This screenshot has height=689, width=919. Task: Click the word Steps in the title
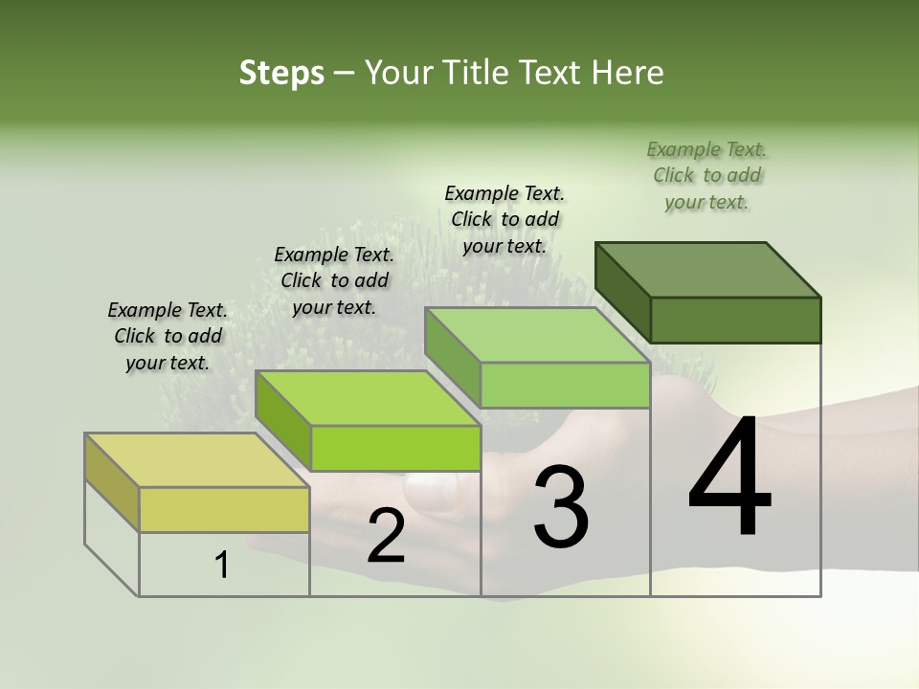click(x=281, y=73)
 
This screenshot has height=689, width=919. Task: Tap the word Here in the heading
click(x=626, y=73)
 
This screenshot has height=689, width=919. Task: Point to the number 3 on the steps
click(x=561, y=506)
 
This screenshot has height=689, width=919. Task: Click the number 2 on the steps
click(x=386, y=537)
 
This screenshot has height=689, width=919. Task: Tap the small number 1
click(x=222, y=566)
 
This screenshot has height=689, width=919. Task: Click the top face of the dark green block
click(x=706, y=269)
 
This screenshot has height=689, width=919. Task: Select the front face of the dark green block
click(x=735, y=320)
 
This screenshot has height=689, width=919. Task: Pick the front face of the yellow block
click(x=224, y=509)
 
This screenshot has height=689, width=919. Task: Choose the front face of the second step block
click(x=395, y=448)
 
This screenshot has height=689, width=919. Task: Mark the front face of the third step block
click(x=565, y=385)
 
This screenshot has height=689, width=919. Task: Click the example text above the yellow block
click(x=168, y=337)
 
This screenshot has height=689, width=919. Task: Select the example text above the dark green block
click(x=706, y=176)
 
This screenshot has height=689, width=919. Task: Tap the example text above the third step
click(x=504, y=220)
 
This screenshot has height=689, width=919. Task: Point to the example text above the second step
click(x=334, y=281)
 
